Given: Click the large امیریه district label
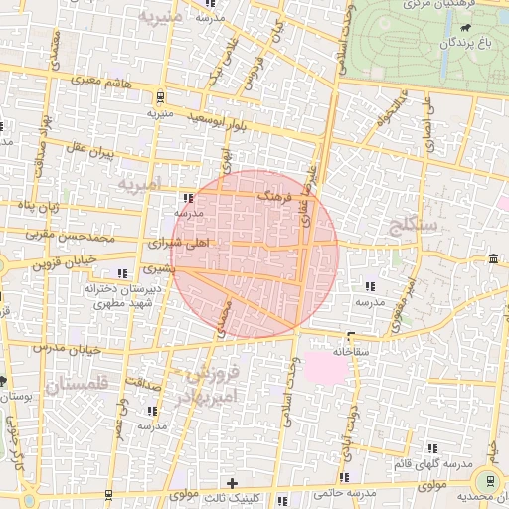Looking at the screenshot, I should (x=137, y=185).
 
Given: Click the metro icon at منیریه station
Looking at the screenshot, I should (x=160, y=96).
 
